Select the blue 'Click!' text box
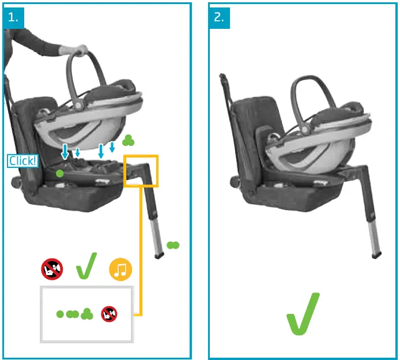22,161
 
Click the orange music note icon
120,268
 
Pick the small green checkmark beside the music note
86,266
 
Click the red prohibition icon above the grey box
52,268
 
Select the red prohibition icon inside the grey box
110,314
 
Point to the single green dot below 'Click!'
59,173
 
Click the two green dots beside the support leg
173,245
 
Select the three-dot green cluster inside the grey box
87,314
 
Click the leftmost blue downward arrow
65,151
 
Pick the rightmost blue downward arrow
112,147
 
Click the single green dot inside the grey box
60,314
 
